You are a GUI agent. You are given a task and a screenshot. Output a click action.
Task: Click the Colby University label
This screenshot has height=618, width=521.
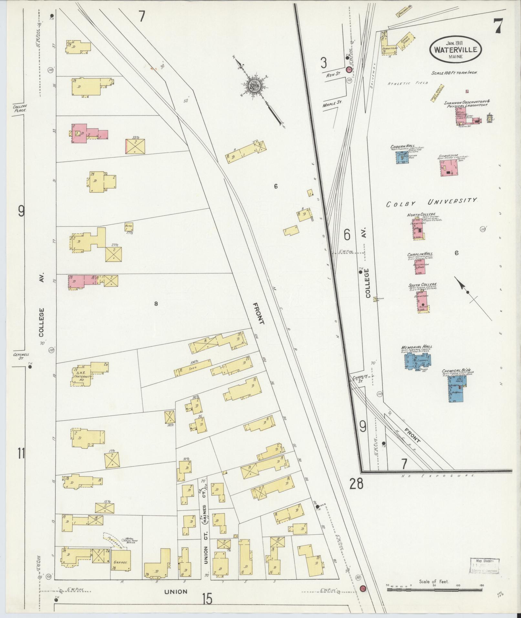pyautogui.click(x=431, y=202)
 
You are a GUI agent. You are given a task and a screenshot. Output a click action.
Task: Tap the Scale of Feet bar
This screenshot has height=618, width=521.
pyautogui.click(x=433, y=589)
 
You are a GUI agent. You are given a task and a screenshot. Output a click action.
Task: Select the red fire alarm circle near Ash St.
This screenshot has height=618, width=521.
pyautogui.click(x=349, y=70)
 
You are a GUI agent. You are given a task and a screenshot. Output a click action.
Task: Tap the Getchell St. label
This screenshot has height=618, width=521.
pyautogui.click(x=21, y=356)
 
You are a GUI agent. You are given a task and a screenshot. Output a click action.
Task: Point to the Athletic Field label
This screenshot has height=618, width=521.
pyautogui.click(x=408, y=83)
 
